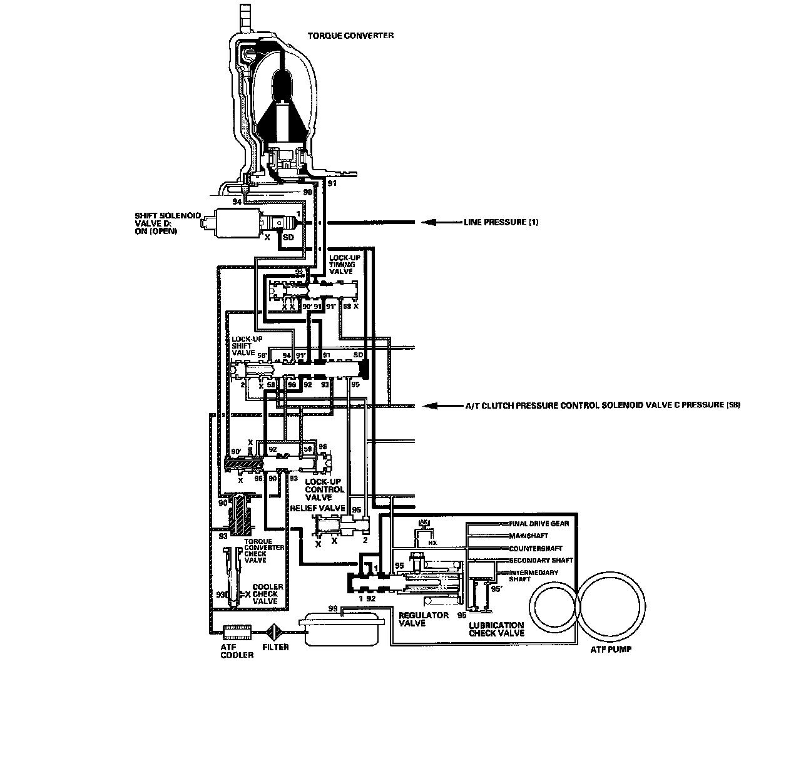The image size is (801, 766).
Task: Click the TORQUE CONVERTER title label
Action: click(350, 36)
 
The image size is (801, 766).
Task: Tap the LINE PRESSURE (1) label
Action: click(501, 222)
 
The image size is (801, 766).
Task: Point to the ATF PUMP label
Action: click(611, 650)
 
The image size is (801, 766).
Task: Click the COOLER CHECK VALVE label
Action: click(267, 594)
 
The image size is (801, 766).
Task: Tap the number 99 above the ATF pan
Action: click(333, 608)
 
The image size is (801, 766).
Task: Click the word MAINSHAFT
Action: click(529, 536)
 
